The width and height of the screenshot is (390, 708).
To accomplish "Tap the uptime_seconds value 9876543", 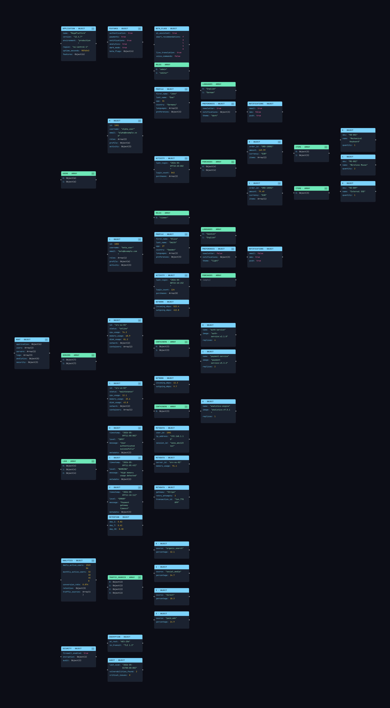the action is click(x=85, y=51).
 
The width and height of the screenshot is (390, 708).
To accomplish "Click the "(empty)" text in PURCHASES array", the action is click(x=207, y=280).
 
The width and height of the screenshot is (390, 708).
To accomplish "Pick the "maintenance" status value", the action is click(x=126, y=392).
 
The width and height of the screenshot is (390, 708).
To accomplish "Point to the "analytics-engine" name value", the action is click(x=220, y=406).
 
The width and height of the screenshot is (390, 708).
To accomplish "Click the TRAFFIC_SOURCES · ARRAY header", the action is click(x=125, y=577).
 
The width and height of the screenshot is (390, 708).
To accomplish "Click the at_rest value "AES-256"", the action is click(x=125, y=641).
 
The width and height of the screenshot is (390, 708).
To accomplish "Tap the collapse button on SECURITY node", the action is click(x=93, y=649).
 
